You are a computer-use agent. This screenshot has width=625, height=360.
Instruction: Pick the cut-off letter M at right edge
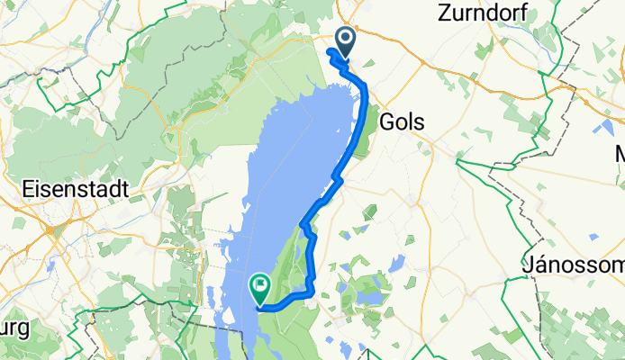(618, 154)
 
